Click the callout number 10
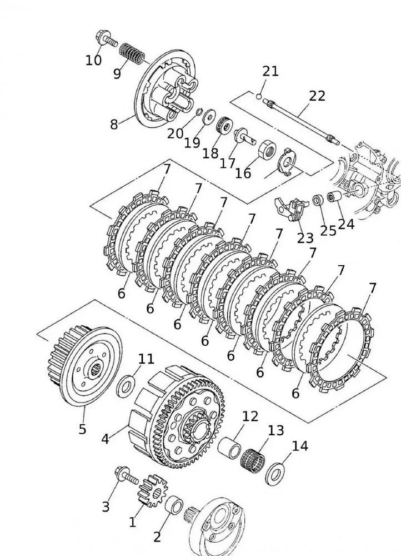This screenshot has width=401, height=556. (93, 59)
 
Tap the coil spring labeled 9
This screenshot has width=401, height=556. (133, 53)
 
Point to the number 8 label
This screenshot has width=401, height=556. (114, 124)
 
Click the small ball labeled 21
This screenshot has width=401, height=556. (259, 96)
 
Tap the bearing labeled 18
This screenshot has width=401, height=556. (224, 125)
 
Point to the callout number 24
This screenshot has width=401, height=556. (346, 224)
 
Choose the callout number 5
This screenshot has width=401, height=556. (82, 429)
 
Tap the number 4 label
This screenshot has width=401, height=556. (105, 439)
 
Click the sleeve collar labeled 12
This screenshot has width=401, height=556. (229, 446)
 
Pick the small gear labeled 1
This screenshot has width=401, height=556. (148, 489)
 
